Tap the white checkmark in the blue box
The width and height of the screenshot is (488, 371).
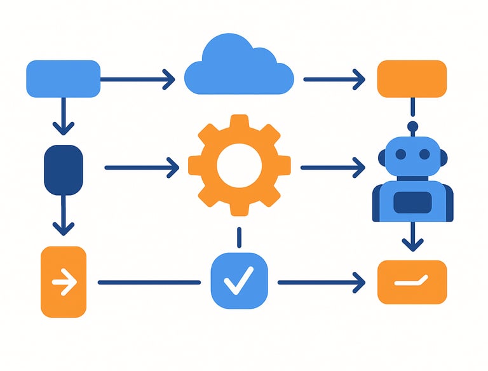239,280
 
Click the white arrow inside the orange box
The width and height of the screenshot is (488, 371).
64,281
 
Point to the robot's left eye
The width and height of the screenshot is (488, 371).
400,155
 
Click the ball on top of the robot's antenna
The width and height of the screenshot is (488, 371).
412,126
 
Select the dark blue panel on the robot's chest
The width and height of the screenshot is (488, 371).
412,203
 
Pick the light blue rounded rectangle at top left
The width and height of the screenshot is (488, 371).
63,79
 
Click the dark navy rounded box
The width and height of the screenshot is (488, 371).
63,170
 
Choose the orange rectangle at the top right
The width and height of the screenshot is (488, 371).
412,79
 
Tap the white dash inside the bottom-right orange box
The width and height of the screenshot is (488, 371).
412,281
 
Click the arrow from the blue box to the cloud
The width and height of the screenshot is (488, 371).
137,79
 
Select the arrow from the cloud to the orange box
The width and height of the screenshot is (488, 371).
334,79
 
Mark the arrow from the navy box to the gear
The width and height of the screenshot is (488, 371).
142,168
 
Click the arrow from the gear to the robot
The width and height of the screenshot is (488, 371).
332,168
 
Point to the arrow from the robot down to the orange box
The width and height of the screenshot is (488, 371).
413,236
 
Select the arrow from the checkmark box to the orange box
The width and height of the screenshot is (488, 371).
322,282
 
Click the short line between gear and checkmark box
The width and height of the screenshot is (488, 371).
239,238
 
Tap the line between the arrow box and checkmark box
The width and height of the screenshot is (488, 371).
149,282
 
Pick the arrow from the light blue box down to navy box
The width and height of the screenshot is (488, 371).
63,116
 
